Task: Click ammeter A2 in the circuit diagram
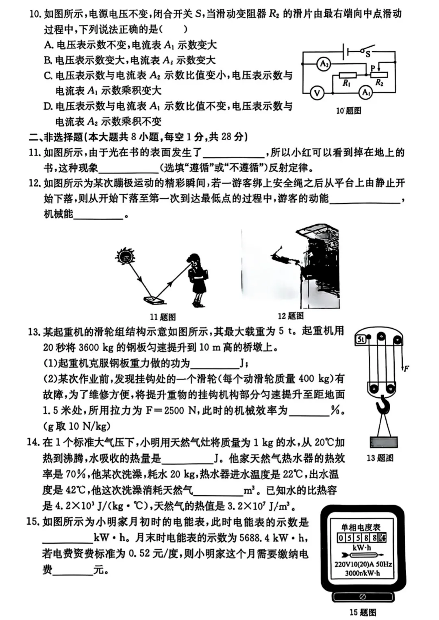point(324,64)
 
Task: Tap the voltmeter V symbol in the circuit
point(317,93)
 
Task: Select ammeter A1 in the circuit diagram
point(366,93)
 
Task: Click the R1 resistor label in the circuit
point(346,83)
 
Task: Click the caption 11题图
point(163,317)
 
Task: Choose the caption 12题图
point(290,316)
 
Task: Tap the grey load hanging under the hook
point(383,442)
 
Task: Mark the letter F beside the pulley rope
point(406,369)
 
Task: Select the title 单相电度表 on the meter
point(361,527)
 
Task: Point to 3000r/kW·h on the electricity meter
point(362,573)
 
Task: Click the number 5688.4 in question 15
point(254,538)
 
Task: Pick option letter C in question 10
point(48,76)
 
